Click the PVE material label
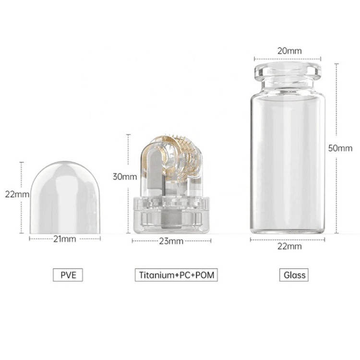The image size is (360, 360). (68, 275)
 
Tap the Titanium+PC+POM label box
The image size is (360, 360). (176, 275)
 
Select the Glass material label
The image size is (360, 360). (294, 275)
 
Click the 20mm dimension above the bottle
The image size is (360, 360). (289, 51)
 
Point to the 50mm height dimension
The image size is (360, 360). (340, 148)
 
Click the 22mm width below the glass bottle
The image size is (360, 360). (289, 246)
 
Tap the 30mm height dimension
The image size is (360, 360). (125, 177)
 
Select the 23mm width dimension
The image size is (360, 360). (171, 241)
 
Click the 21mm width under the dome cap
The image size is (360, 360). (65, 239)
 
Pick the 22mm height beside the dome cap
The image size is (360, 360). (17, 194)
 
